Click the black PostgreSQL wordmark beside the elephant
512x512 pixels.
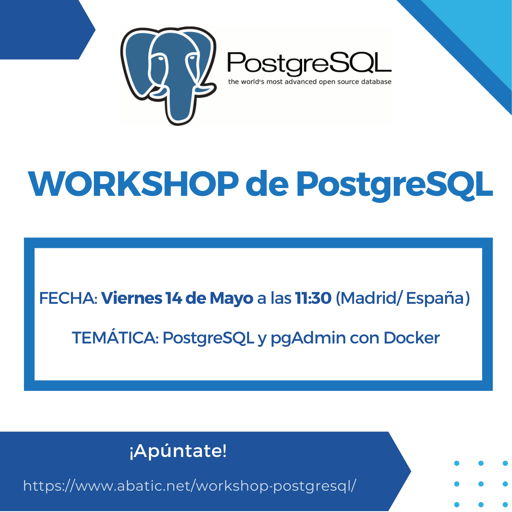(x=309, y=64)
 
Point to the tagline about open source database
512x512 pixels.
(x=309, y=82)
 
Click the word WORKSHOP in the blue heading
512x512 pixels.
(x=134, y=184)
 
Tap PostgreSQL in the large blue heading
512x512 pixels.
(x=394, y=186)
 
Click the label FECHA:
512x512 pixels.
(x=68, y=298)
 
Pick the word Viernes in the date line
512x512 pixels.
(x=132, y=298)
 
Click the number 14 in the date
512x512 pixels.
(x=174, y=298)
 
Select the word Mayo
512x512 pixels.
(x=231, y=299)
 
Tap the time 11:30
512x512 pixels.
(x=313, y=298)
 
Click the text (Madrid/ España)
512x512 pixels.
(x=403, y=298)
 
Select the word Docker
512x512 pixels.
(x=412, y=337)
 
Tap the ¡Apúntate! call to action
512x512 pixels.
(x=178, y=451)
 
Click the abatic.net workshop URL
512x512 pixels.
(x=189, y=486)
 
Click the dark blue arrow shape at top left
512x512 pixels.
(x=45, y=29)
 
